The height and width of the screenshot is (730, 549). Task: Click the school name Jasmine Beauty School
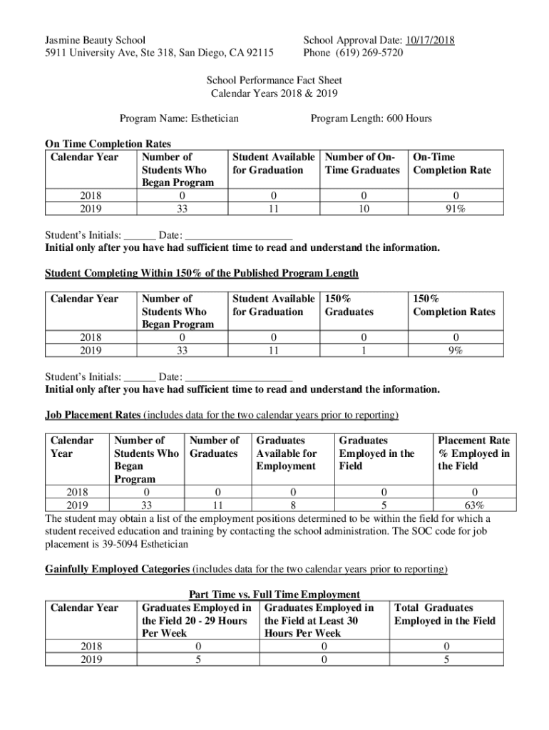[95, 40]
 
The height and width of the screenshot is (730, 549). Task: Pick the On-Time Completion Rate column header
[452, 163]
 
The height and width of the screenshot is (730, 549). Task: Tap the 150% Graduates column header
[349, 305]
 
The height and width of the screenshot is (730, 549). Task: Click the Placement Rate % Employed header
[473, 453]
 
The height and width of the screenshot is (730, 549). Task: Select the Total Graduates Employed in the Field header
[444, 614]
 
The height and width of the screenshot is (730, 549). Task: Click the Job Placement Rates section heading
[93, 415]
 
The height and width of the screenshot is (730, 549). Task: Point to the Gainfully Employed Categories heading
[117, 569]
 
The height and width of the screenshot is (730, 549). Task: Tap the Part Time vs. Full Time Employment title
[274, 595]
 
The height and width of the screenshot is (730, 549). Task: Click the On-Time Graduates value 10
[363, 209]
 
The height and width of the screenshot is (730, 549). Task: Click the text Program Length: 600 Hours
[371, 118]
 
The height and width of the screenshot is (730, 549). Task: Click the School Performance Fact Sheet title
[274, 80]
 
